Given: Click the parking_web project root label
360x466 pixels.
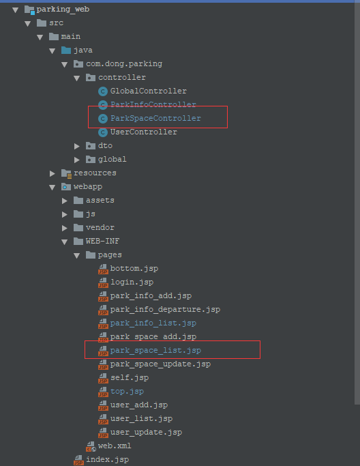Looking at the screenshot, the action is click(63, 10).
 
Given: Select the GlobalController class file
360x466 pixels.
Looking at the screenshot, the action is click(148, 91).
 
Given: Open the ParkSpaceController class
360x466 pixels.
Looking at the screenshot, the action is click(155, 118).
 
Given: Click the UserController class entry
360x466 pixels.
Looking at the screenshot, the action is click(143, 132).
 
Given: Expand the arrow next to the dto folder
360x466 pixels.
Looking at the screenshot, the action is click(77, 146).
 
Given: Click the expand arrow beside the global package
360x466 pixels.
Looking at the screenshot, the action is click(77, 160).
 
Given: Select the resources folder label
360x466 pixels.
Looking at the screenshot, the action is click(95, 173).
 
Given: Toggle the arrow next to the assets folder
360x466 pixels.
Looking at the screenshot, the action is click(65, 201).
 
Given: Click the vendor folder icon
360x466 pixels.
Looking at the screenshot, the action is click(78, 228).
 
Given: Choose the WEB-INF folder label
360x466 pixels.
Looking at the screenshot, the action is click(102, 241).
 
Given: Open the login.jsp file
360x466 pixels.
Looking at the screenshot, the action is click(132, 282).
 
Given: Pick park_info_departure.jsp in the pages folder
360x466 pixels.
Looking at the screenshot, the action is click(165, 309).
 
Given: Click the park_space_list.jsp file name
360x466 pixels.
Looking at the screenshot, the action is click(155, 351).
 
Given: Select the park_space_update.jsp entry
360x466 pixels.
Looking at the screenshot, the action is click(160, 364).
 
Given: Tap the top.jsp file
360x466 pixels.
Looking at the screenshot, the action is click(127, 392).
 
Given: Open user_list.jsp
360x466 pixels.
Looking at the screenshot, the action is click(141, 419).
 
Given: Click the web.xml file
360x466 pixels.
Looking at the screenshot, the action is click(115, 446).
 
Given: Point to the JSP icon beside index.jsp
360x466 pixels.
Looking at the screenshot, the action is click(78, 460).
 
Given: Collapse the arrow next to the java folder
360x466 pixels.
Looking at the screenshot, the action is click(52, 50).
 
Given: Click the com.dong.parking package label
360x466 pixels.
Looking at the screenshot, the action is click(124, 64).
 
